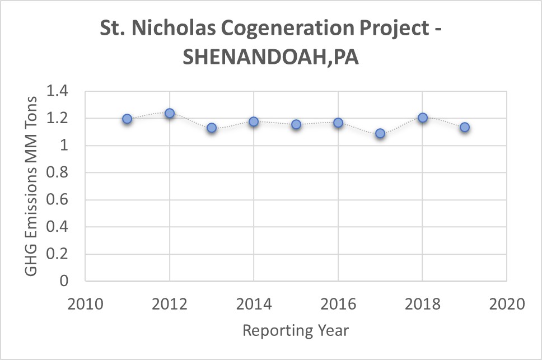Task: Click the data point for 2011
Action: click(127, 119)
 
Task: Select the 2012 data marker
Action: click(170, 113)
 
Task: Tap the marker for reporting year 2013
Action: click(212, 128)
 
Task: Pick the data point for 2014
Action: click(254, 121)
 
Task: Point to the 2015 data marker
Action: click(296, 124)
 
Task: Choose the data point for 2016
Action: click(338, 123)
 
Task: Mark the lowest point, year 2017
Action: click(380, 133)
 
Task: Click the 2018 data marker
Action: click(423, 118)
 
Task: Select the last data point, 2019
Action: click(465, 127)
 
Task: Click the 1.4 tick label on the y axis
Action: click(64, 91)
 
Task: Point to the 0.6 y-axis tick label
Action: click(64, 200)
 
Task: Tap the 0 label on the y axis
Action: click(71, 281)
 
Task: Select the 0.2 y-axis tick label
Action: click(64, 254)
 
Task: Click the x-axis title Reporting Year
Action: click(296, 330)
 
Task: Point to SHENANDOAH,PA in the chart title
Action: click(271, 58)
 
